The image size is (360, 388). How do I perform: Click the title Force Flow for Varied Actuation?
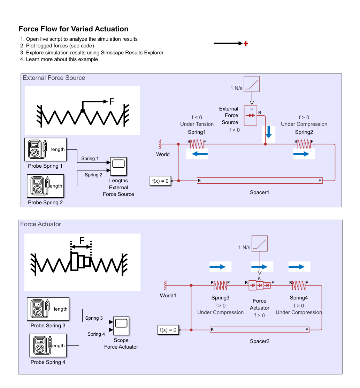74,29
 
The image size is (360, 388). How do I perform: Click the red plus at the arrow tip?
246,44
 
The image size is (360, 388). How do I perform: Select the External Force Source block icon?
250,115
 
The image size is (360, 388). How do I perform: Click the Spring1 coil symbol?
197,143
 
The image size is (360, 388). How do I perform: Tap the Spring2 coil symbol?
304,143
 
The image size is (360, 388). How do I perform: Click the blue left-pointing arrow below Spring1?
197,153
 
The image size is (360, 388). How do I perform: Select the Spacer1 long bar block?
260,181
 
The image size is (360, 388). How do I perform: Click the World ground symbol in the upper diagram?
161,143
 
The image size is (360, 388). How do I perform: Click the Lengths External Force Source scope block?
118,167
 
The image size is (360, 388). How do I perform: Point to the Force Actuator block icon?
260,286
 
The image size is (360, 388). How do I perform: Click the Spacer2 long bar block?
260,329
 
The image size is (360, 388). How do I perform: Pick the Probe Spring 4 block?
48,345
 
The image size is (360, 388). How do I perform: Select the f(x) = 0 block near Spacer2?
168,329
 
